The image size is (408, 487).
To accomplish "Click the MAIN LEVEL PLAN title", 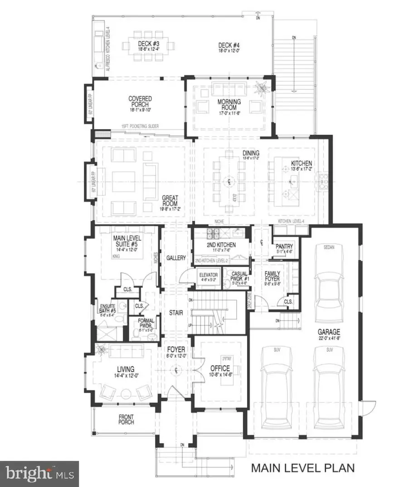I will tap(303, 468).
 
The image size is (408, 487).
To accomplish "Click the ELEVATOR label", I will tap(209, 275).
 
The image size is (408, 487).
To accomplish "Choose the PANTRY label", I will tap(285, 246).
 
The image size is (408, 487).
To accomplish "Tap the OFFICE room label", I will tap(220, 369).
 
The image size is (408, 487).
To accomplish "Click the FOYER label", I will tap(175, 350).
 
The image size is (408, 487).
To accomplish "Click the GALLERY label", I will tap(176, 258).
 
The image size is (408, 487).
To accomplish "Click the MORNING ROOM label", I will tap(228, 103).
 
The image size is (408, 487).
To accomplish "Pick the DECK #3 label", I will tap(148, 44).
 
